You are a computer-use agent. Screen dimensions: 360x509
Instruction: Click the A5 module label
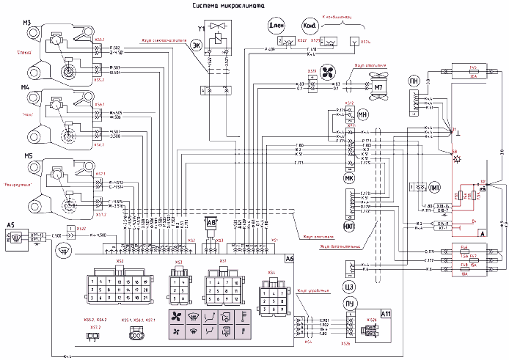[x=10, y=224]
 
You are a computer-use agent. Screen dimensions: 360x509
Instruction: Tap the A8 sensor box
[x=212, y=222]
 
